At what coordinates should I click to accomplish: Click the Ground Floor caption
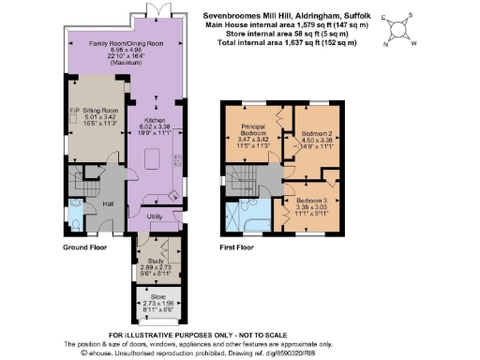[85, 247]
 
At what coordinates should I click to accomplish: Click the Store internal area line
[273, 35]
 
